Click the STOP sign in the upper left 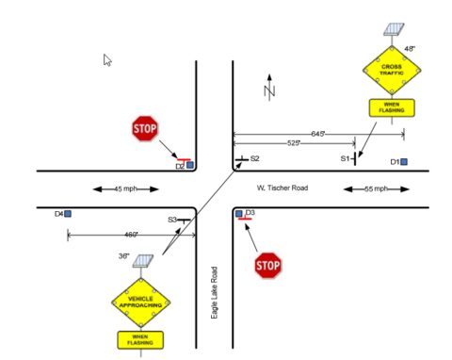[x=144, y=129]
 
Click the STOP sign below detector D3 [x=268, y=266]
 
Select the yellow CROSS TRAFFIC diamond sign [x=391, y=68]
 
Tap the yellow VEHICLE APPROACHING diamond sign [x=140, y=302]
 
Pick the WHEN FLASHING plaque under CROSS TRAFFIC [x=391, y=106]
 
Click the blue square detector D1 [x=405, y=162]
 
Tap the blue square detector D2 [x=190, y=165]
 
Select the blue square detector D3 [x=238, y=214]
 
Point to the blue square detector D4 [x=69, y=214]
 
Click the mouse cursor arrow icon [x=107, y=59]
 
